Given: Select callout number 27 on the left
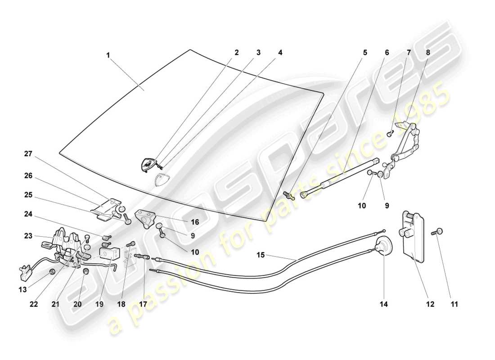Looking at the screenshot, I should click(x=28, y=154).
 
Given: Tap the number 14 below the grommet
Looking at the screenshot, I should click(x=383, y=304).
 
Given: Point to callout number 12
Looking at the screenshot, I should click(x=430, y=304).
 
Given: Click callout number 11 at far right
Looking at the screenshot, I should click(x=454, y=304).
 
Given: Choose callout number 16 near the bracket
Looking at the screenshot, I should click(x=194, y=222).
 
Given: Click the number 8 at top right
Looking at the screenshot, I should click(x=428, y=53).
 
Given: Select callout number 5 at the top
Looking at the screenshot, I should click(x=365, y=53).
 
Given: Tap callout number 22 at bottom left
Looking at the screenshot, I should click(x=34, y=304).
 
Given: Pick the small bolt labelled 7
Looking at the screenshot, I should click(x=390, y=133).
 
